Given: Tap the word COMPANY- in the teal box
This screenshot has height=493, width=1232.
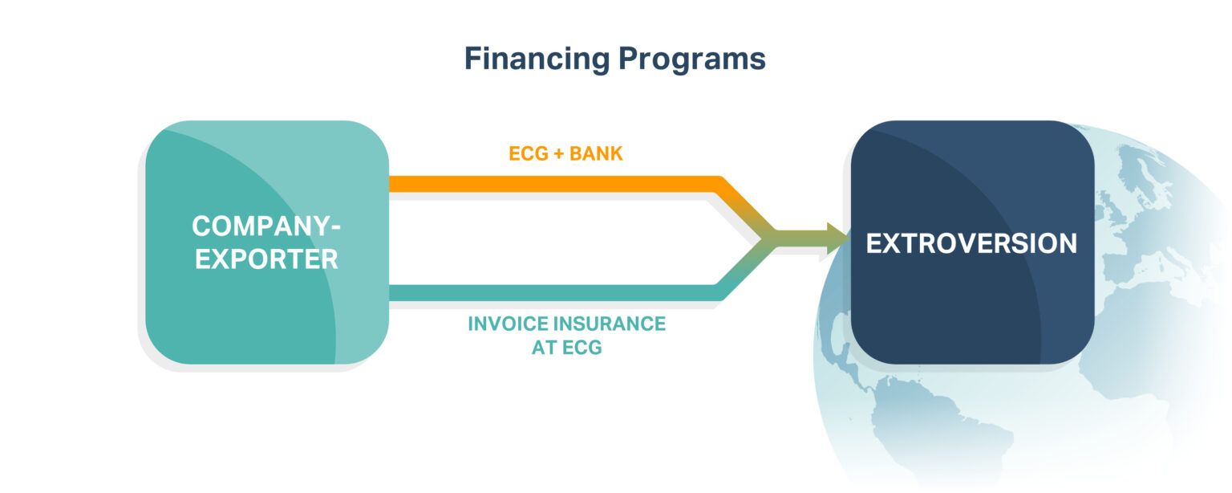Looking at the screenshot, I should coord(265,226).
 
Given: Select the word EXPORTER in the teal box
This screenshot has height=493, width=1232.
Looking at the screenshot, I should coord(265,259).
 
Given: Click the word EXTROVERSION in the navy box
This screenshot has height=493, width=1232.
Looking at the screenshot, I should coord(971,243).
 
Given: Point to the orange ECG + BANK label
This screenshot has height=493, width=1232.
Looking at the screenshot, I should coord(565,153).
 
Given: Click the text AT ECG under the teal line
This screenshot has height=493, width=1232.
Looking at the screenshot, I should coord(566,348).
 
